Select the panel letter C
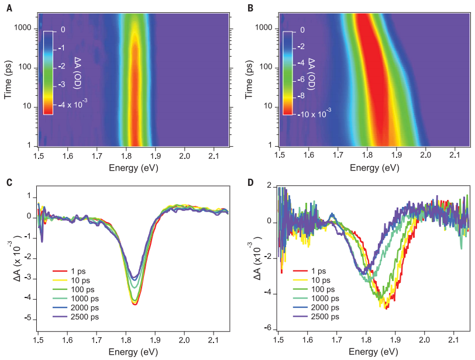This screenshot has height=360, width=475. tap(9, 182)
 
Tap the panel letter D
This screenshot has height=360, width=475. tap(250, 182)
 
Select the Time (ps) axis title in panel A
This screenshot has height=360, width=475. tap(8, 79)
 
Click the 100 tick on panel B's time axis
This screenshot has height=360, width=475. tap(265, 67)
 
